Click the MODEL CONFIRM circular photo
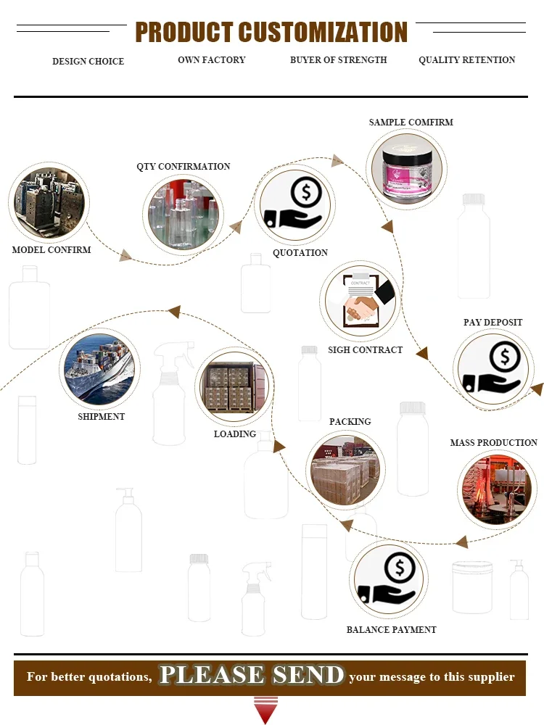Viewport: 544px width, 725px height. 49,203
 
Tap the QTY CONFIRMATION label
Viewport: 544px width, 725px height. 184,167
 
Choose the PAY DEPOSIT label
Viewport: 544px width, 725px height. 493,323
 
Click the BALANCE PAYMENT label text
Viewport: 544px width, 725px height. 392,630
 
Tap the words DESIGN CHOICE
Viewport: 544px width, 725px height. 88,62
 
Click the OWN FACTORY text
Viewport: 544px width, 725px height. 212,60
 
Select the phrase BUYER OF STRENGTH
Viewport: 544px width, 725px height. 339,60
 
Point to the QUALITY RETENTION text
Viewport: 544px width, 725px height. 467,60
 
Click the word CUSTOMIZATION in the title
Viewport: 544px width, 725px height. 323,33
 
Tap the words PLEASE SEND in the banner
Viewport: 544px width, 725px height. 252,676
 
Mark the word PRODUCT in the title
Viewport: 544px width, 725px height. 184,33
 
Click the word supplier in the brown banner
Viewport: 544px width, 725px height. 490,677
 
